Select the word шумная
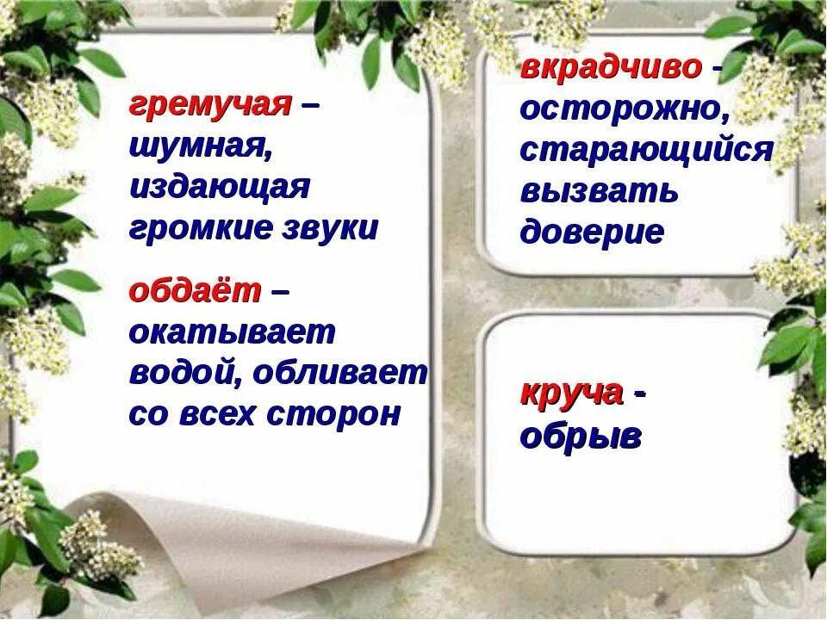point(200,148)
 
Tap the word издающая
point(219,188)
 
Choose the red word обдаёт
point(195,292)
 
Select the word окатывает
point(232,333)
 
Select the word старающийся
point(646,150)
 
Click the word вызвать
point(600,190)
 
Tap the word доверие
point(592,232)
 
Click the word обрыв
point(581,436)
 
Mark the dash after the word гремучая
point(310,108)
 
